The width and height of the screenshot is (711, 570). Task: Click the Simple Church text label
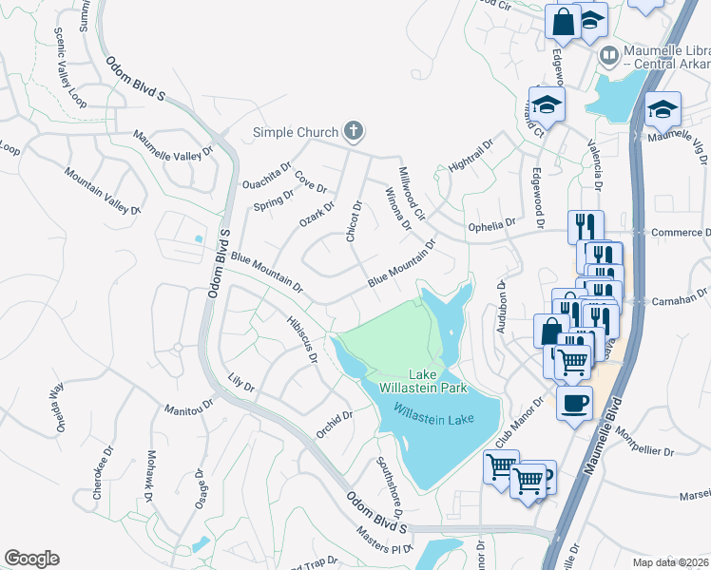[x=295, y=132]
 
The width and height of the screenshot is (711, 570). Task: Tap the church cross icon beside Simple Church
[x=354, y=131]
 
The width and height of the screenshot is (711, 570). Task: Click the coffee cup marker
[x=573, y=403]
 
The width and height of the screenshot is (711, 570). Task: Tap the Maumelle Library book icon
[x=607, y=57]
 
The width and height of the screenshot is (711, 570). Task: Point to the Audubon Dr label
[x=502, y=309]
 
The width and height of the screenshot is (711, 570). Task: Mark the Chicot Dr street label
[x=354, y=220]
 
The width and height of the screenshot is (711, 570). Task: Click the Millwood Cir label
[x=412, y=194]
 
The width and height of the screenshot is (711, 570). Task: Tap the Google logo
[x=31, y=559]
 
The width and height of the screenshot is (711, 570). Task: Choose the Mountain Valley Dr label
[x=102, y=189]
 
